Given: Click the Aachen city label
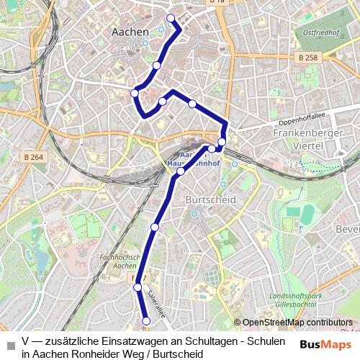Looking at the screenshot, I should click(131, 32).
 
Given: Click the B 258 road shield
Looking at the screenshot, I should click(306, 56).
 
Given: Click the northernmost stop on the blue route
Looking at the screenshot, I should click(171, 18).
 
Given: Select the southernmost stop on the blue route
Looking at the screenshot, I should click(146, 321).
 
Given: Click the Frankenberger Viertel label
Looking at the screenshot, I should click(305, 138).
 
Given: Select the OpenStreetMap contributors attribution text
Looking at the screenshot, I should click(297, 323).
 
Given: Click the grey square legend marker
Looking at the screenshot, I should click(10, 341).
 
